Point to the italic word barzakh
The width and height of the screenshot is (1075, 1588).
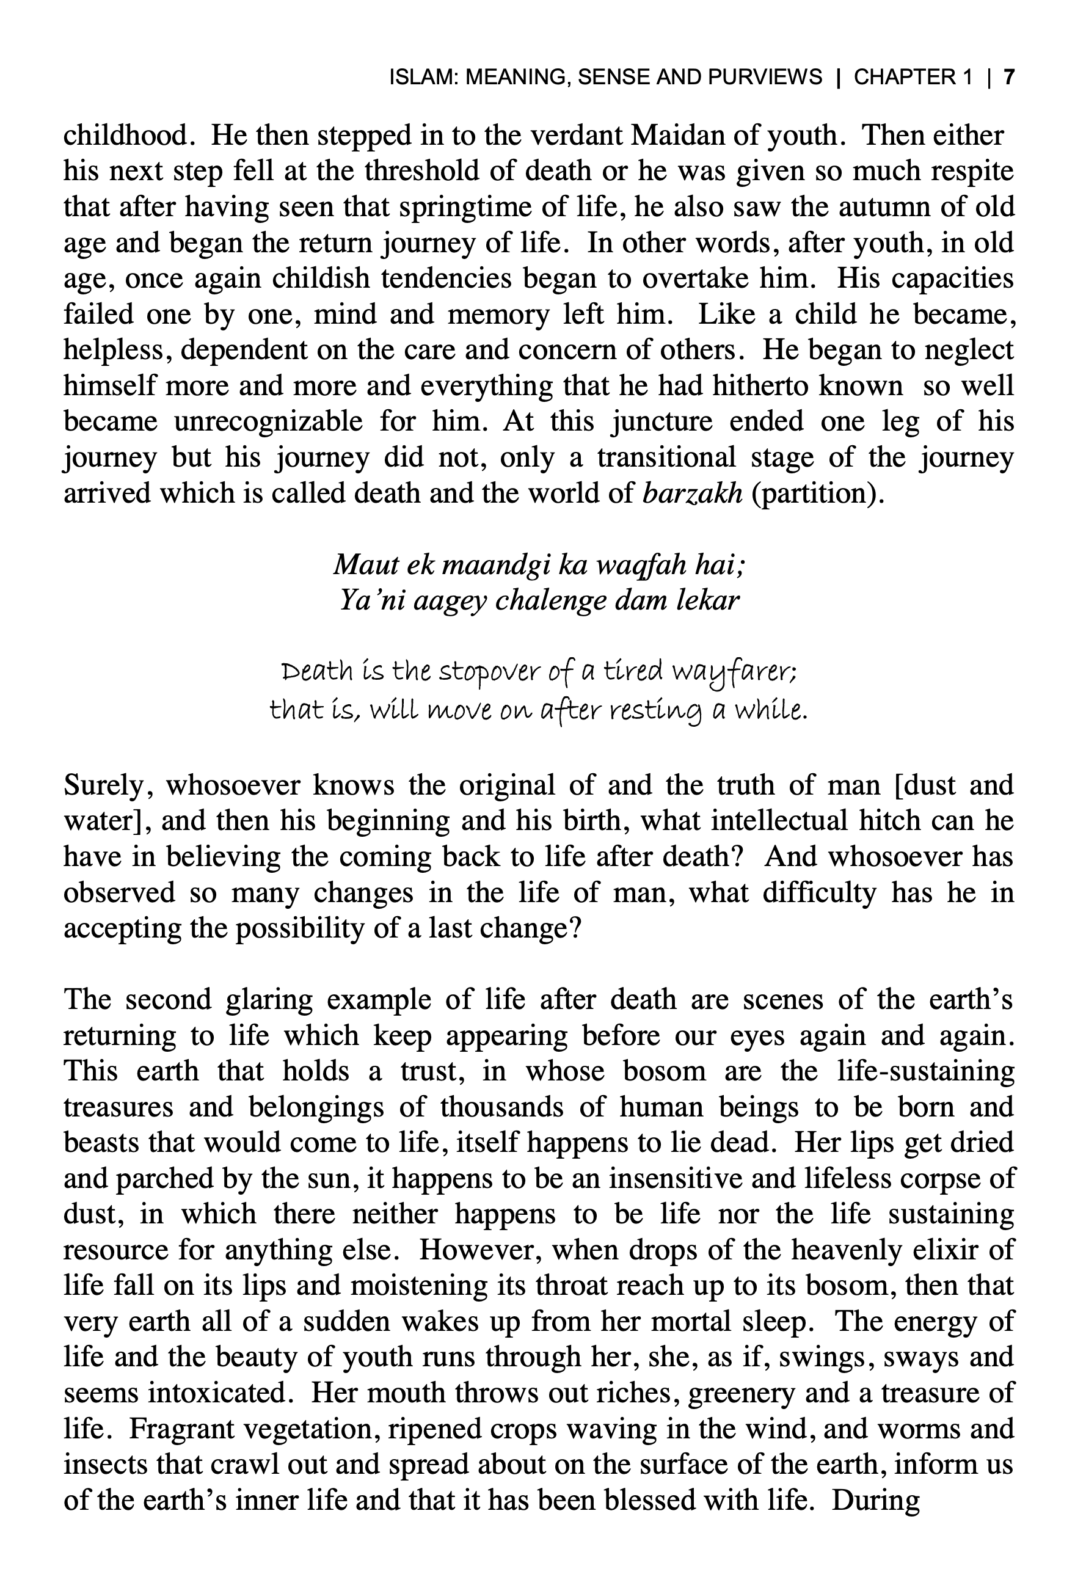[x=692, y=492]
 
